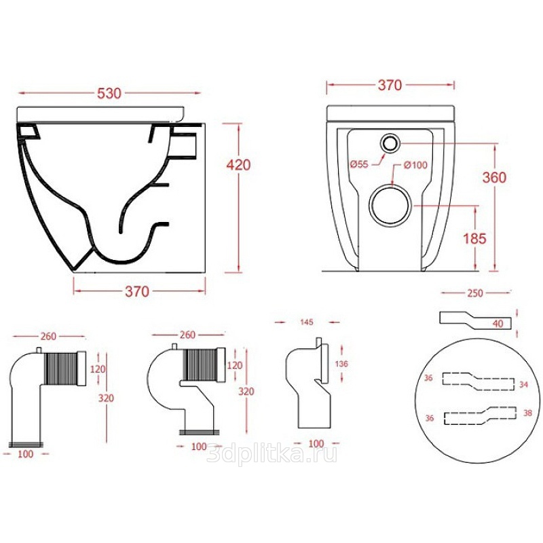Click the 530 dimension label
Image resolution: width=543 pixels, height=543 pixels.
point(109,93)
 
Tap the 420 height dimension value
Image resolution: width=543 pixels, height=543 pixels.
point(238,165)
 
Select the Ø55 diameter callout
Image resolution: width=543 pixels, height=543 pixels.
point(359,164)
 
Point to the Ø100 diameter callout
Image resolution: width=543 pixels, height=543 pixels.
point(416,165)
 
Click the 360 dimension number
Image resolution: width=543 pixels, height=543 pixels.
point(495,177)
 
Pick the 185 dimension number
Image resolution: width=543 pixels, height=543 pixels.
point(474,238)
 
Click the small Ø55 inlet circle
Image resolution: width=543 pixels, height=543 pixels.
point(390,143)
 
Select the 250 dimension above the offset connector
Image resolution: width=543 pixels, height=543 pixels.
point(474,293)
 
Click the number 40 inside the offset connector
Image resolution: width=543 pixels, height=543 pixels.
point(498,324)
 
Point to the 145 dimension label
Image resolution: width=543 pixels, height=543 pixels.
point(307,322)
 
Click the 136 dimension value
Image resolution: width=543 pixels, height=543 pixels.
point(341,364)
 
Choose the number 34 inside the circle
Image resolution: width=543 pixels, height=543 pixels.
point(523,384)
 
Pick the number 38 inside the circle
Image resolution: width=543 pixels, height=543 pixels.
point(527,413)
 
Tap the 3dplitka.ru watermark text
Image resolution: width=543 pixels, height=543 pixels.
point(271,453)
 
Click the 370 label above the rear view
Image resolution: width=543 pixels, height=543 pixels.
point(390,85)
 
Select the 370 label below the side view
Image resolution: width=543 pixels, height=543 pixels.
point(137,292)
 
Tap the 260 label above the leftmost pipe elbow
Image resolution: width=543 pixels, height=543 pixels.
point(48,336)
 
